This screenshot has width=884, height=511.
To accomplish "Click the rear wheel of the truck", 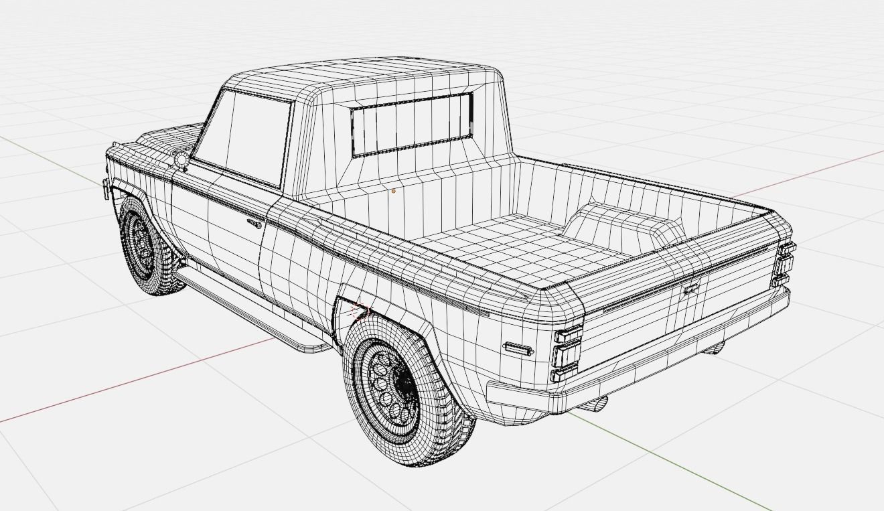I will pos(402,388).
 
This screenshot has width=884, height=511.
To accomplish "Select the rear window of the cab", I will pos(411,125).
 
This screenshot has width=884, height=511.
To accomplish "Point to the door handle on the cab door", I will pos(254,224).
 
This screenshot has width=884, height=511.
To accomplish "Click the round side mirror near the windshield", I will pos(181,159).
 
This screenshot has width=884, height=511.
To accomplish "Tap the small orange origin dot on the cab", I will pos(394,191).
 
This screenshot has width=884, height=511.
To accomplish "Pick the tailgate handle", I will pos(690,289).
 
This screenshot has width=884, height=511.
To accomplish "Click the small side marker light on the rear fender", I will pos(518,348).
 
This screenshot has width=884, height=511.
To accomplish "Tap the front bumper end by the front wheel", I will pos(107,188).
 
